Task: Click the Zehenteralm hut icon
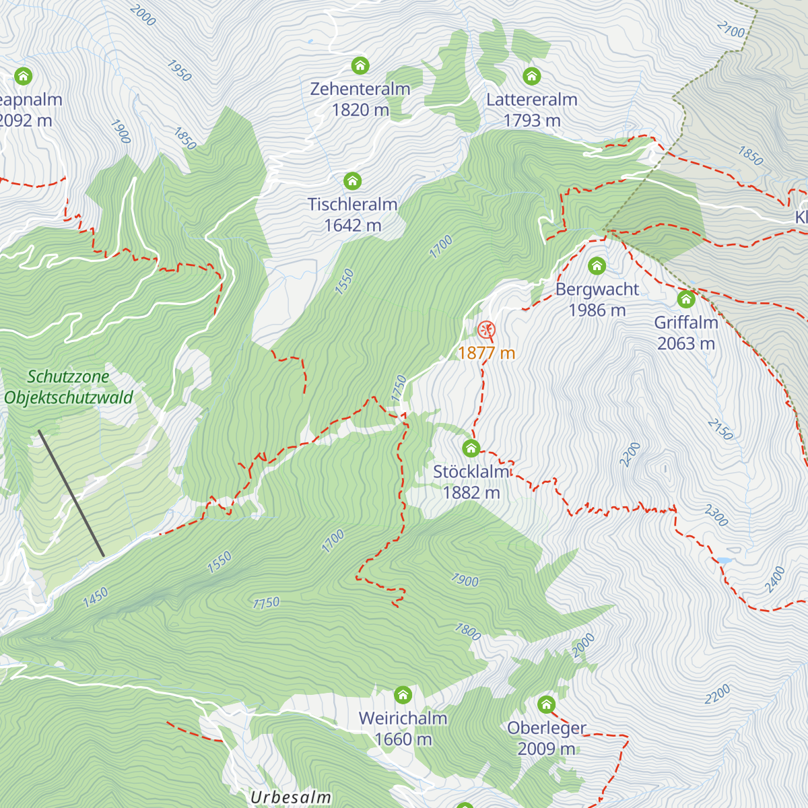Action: (x=360, y=65)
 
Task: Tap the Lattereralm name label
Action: (x=532, y=100)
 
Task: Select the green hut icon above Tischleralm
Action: (x=352, y=180)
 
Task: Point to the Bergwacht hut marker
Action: (x=597, y=266)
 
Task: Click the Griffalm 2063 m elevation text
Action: (x=685, y=343)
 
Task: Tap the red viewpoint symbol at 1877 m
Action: (x=486, y=329)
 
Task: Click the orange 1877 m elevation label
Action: (x=486, y=353)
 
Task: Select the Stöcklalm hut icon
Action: (x=471, y=448)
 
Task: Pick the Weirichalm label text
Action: (x=403, y=718)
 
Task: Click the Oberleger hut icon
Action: (x=546, y=705)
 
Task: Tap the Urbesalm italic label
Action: (x=291, y=798)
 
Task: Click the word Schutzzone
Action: (x=68, y=376)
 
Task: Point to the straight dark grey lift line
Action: (x=71, y=493)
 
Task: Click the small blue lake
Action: (x=725, y=560)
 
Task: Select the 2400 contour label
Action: (x=775, y=580)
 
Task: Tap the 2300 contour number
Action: (x=716, y=515)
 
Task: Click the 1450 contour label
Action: (x=96, y=597)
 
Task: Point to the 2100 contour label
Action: (x=731, y=30)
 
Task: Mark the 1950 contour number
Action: (x=179, y=71)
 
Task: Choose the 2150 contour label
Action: (x=720, y=430)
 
